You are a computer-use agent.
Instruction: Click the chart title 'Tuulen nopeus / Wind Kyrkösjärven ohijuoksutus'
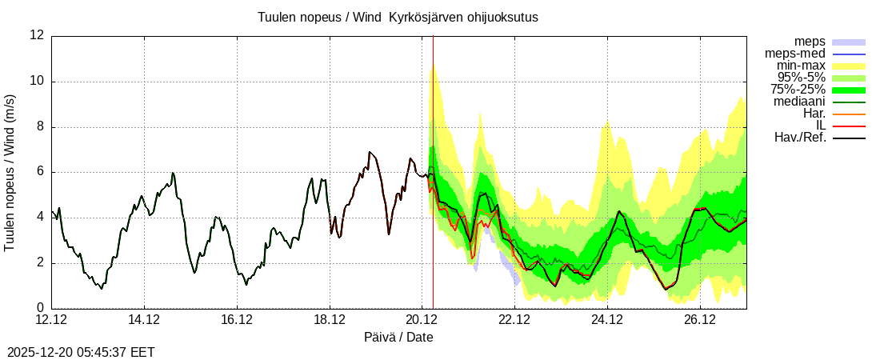click(398, 17)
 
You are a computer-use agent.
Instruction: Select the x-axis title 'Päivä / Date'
click(398, 337)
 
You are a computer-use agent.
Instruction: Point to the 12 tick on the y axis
click(37, 35)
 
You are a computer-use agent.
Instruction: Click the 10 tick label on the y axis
click(37, 81)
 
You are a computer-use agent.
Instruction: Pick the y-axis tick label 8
click(40, 126)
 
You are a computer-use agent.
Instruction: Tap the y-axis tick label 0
click(40, 308)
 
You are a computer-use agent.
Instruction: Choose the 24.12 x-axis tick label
click(607, 320)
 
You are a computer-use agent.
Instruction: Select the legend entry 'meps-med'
click(795, 54)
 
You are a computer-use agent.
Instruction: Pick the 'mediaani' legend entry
click(799, 102)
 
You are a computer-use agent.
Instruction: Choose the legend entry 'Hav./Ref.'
click(800, 138)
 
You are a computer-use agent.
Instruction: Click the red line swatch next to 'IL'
click(849, 126)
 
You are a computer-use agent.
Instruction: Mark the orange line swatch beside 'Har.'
click(849, 114)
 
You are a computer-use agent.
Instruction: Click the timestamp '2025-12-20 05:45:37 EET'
click(81, 352)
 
